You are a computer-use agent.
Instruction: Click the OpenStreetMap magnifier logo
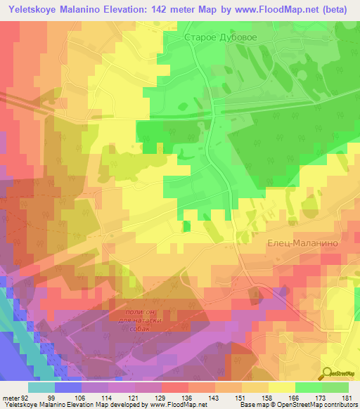(x=328, y=373)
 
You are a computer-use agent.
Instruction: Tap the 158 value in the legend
(x=268, y=398)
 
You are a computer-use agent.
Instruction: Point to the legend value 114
(x=108, y=398)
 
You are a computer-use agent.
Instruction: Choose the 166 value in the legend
(x=295, y=398)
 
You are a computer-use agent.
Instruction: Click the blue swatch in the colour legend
(x=67, y=387)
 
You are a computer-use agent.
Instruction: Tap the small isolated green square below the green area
(x=186, y=226)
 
